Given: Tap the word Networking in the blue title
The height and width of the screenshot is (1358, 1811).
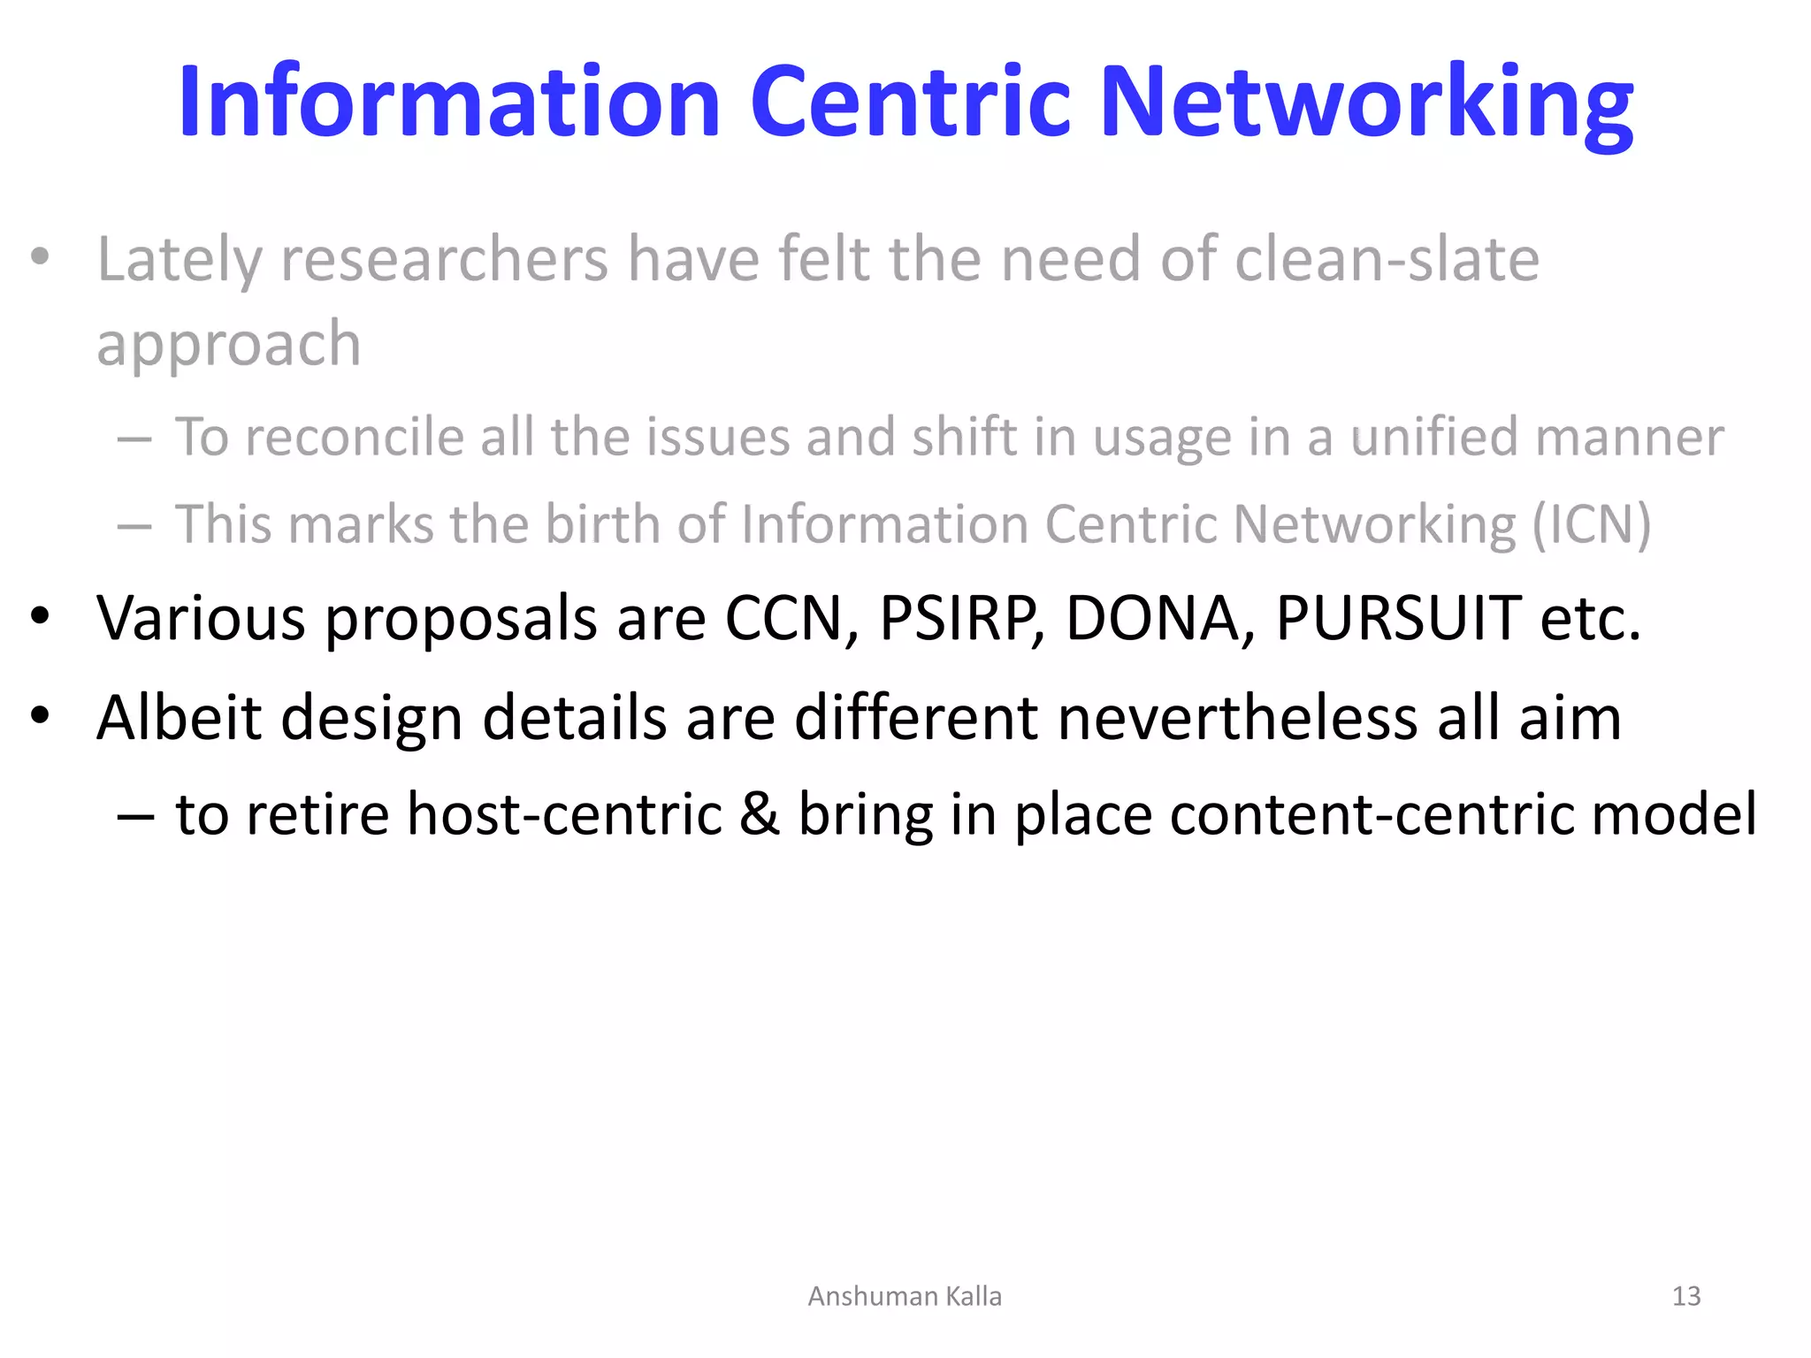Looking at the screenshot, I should pyautogui.click(x=1366, y=103).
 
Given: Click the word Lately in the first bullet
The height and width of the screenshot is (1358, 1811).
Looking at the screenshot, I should pyautogui.click(x=180, y=260).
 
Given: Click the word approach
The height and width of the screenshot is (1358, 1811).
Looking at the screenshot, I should pyautogui.click(x=229, y=345).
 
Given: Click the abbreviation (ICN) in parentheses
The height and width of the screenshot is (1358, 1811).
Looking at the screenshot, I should pyautogui.click(x=1591, y=524).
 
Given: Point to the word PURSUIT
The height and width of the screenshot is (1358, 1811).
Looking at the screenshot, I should pyautogui.click(x=1398, y=618).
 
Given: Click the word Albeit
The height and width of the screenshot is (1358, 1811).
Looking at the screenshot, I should pyautogui.click(x=180, y=717).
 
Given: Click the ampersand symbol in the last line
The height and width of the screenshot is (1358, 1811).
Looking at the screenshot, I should pyautogui.click(x=760, y=814).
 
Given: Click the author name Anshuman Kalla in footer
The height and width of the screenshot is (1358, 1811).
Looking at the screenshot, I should pyautogui.click(x=905, y=1296).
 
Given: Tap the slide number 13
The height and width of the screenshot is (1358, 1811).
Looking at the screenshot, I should pyautogui.click(x=1686, y=1296).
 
